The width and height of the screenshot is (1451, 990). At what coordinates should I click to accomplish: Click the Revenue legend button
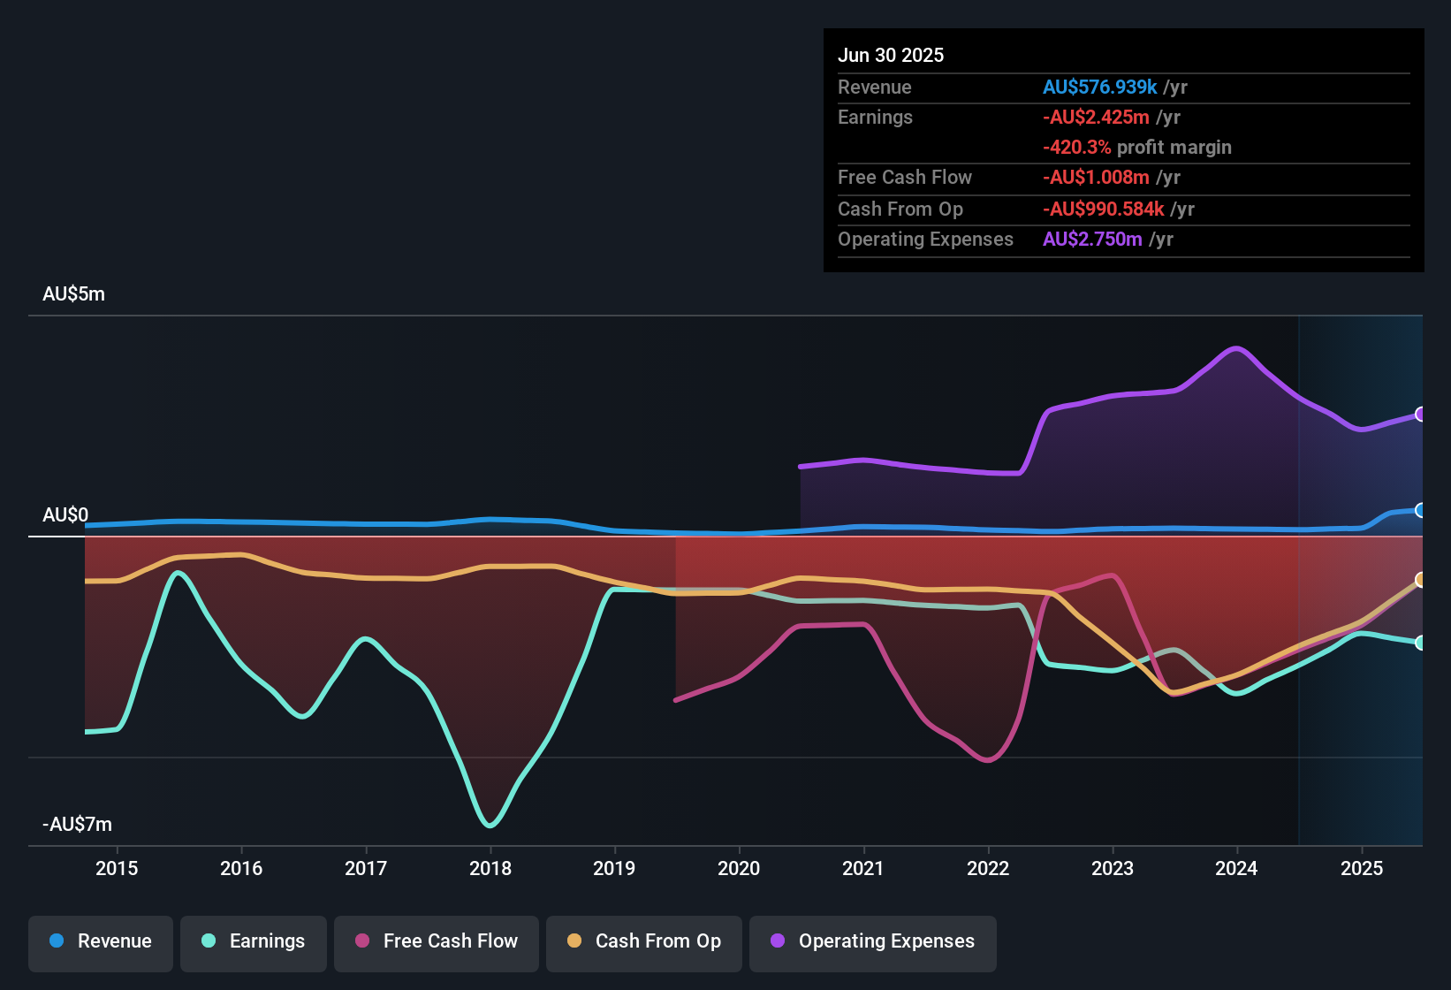coord(101,941)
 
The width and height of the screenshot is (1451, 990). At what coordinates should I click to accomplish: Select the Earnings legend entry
coord(254,941)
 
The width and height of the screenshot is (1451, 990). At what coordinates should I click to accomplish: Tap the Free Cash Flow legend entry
coord(437,941)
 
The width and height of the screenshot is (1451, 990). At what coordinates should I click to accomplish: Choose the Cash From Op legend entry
coord(644,941)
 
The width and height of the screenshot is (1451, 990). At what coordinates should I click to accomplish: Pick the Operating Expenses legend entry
coord(873,941)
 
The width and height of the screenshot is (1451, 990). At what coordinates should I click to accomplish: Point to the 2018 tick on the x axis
coord(490,868)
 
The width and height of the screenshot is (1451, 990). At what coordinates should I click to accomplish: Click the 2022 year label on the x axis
coord(988,868)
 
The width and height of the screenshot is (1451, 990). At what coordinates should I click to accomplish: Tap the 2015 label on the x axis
coord(117,868)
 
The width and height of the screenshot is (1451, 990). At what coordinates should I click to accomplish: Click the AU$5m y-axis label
coord(73,294)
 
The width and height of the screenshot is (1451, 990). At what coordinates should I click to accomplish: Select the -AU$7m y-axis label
coord(77,825)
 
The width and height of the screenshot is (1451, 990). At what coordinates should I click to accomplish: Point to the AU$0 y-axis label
coord(65,515)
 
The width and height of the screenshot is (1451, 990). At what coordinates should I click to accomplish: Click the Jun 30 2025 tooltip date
coord(891,56)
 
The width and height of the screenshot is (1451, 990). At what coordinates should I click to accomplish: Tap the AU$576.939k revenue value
coord(1099,88)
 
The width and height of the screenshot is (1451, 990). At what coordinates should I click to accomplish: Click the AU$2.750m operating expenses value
coord(1092,240)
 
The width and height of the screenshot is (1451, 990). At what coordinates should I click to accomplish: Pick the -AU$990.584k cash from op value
coord(1103,209)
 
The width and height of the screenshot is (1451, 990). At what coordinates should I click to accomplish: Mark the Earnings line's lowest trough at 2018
coord(490,826)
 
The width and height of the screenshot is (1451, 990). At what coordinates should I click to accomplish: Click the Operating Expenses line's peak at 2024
coord(1236,347)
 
